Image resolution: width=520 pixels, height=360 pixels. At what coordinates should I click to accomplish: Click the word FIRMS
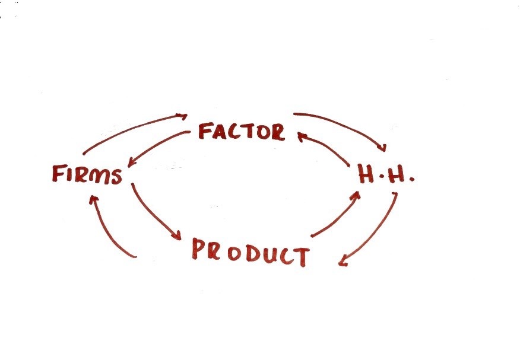pos(87,174)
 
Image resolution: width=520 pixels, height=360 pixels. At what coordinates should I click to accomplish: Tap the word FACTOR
pos(241,131)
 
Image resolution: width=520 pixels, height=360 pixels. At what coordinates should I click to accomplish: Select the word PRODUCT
pos(250,252)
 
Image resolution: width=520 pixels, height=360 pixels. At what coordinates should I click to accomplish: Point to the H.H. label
pos(385,174)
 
